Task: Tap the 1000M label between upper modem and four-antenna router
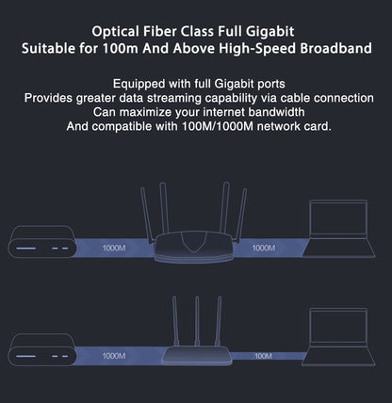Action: tap(111, 250)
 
